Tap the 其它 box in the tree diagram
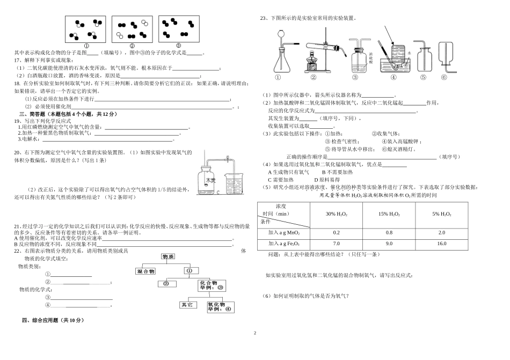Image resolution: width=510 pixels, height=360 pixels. click(186, 304)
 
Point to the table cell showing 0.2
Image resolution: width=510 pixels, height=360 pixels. click(336, 232)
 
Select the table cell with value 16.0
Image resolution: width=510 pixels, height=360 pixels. click(441, 244)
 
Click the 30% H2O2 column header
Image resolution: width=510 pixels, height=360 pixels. click(336, 214)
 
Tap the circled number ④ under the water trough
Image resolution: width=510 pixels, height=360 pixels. click(393, 77)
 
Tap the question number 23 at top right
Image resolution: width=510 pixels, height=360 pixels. click(263, 18)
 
